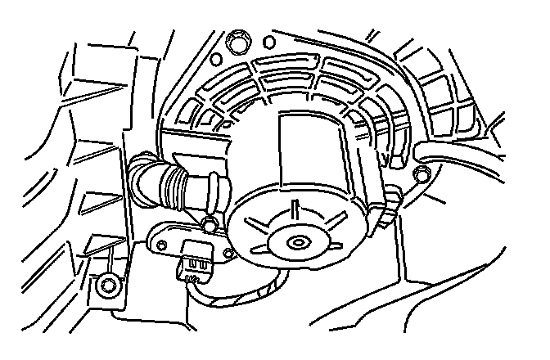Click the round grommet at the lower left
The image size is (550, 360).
pyautogui.click(x=104, y=286)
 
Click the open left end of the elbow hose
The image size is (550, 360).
pyautogui.click(x=137, y=173)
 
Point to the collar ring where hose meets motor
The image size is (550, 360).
pyautogui.click(x=219, y=191)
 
